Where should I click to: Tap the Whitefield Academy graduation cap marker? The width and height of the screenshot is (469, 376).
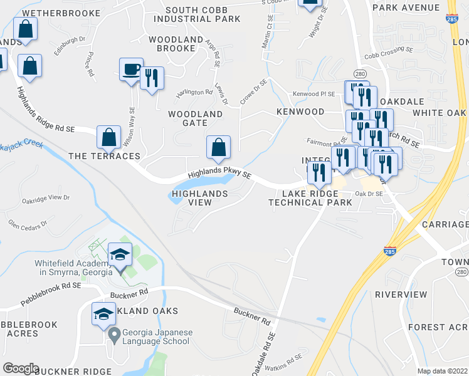(120, 254)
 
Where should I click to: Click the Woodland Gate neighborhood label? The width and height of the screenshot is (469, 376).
(195, 118)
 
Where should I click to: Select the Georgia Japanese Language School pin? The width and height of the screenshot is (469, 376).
(113, 335)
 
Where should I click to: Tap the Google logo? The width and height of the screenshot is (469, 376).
(21, 368)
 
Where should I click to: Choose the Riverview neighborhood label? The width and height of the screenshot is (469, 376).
(401, 295)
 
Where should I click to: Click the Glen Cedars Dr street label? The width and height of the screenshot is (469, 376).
(28, 224)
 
